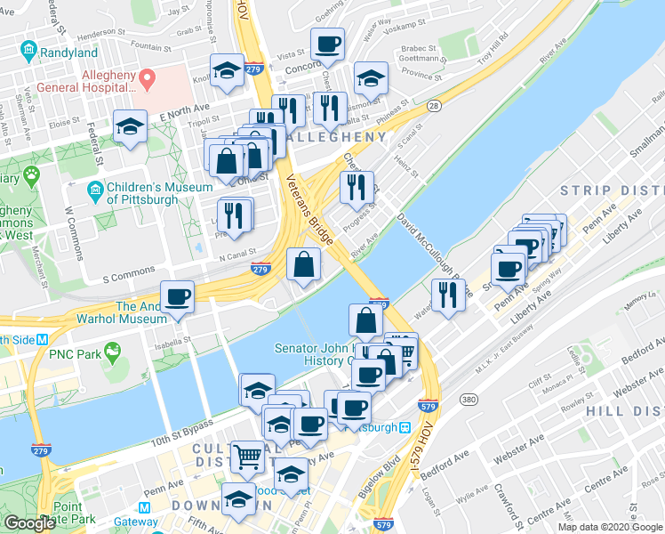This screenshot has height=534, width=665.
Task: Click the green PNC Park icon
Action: click(x=112, y=353)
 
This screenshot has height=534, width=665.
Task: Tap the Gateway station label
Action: click(x=135, y=522)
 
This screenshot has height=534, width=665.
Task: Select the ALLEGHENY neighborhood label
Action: click(x=333, y=137)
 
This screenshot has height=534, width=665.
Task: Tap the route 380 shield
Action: click(x=469, y=400)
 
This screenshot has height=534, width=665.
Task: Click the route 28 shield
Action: click(x=434, y=106)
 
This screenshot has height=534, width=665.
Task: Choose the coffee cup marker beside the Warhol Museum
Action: click(x=177, y=296)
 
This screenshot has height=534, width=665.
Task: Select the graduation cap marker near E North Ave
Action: click(x=130, y=125)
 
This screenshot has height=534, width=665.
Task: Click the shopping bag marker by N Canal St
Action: click(x=304, y=263)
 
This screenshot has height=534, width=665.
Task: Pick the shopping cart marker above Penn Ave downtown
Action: click(x=248, y=456)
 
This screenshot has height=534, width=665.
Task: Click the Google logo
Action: click(x=29, y=523)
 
